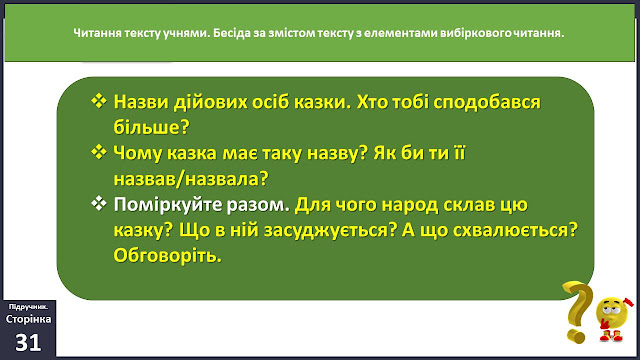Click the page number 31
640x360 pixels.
click(x=28, y=342)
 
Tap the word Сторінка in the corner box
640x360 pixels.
click(x=28, y=319)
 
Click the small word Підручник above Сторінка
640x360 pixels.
click(x=28, y=307)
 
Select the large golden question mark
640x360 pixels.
click(x=577, y=311)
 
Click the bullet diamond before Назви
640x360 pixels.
click(x=99, y=100)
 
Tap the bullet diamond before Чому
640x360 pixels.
click(x=99, y=152)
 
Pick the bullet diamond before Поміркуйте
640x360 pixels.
click(x=99, y=203)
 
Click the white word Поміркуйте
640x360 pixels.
click(x=168, y=205)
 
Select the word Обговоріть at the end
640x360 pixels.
click(x=167, y=256)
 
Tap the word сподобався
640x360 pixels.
click(x=487, y=102)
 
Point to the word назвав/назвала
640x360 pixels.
click(x=191, y=179)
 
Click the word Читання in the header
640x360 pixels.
click(x=92, y=33)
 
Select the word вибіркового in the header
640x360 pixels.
click(x=476, y=33)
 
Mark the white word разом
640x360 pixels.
click(x=258, y=205)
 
